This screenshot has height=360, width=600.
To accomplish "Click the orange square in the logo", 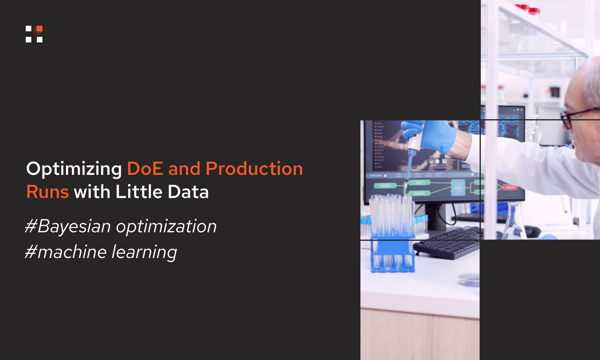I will click(39, 29).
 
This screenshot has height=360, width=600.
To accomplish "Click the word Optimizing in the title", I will click(74, 169).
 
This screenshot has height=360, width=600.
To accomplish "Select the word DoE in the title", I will click(145, 168).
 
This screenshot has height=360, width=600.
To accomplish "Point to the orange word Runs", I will click(48, 192).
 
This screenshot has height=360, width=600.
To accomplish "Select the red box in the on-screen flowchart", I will click(510, 187).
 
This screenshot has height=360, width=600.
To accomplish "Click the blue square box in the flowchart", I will click(458, 187).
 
